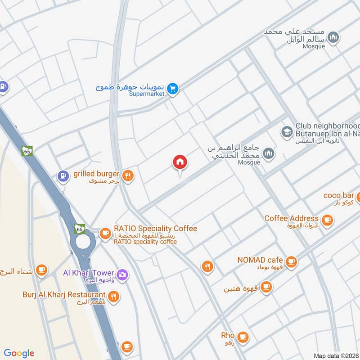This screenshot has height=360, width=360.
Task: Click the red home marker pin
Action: coord(180,162)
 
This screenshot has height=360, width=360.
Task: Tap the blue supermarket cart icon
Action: coord(172,90)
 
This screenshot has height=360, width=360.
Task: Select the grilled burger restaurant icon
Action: coord(128,176)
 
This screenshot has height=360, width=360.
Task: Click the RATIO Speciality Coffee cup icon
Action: coord(105,233)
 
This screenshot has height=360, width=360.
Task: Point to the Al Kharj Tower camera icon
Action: coord(121,274)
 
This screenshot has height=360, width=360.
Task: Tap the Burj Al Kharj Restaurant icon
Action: coord(114,296)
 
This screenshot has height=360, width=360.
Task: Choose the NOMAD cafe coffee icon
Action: coord(292,261)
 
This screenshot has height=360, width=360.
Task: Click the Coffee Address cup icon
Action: coord(327,220)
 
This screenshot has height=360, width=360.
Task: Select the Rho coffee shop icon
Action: coord(243,337)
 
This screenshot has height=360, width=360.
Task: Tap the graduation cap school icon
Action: coord(286,132)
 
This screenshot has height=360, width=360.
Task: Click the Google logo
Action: coord(19,353)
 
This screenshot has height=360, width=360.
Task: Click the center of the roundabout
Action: coord(83,241)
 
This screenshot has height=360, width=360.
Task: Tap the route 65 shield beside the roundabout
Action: coord(80,229)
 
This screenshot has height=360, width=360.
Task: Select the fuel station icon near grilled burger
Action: coord(63,175)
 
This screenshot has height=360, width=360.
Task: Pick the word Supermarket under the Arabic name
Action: coord(147,94)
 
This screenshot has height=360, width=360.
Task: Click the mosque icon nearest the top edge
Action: coord(333,38)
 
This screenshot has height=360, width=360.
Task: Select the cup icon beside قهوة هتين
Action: coord(266,286)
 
